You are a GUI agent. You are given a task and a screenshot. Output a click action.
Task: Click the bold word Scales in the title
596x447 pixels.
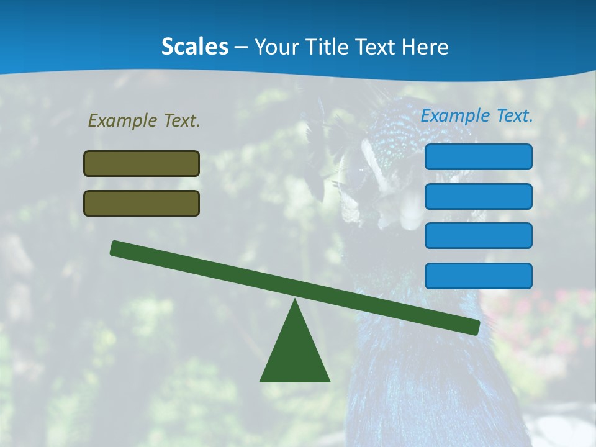(195, 47)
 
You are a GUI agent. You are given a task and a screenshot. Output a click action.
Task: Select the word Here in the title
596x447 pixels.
(425, 47)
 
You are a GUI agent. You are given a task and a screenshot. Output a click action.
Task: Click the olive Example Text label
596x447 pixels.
(144, 120)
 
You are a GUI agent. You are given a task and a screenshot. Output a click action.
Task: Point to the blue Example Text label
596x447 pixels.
(477, 115)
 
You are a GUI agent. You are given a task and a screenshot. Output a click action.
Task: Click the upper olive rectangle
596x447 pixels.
(142, 163)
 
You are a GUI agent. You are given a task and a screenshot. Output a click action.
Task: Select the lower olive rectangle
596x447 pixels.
(142, 203)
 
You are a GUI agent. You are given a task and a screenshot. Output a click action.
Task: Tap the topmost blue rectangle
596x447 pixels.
(478, 156)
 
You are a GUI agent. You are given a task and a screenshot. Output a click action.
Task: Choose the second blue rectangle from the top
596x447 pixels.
(478, 196)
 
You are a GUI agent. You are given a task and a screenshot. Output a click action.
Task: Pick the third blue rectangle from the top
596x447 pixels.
(478, 235)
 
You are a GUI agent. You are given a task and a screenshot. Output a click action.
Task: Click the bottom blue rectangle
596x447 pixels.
(478, 276)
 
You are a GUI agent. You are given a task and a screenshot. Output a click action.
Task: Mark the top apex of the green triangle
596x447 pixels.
(295, 300)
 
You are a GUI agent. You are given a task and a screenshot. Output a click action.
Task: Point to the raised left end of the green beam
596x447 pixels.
(115, 248)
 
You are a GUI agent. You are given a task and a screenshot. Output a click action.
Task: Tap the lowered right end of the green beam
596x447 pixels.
(474, 327)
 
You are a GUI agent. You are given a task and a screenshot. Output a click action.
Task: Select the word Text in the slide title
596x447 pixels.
(379, 47)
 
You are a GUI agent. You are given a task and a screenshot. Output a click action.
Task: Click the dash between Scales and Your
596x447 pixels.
(242, 48)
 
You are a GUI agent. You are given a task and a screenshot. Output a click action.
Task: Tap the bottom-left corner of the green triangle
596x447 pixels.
(261, 381)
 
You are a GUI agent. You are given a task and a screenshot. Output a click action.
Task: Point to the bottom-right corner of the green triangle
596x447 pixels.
(329, 381)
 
